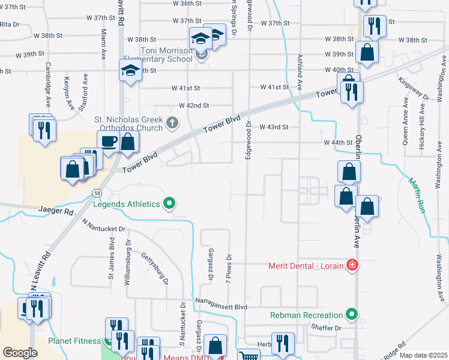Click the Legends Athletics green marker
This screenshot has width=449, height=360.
pyautogui.click(x=169, y=205)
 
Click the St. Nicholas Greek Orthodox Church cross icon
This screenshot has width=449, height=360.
pyautogui.click(x=172, y=123)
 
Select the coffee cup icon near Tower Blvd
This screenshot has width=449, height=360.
pyautogui.click(x=108, y=142)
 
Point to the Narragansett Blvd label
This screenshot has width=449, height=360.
pyautogui.click(x=221, y=307)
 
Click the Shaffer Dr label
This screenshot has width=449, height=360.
pyautogui.click(x=327, y=328)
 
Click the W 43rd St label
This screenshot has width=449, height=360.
pyautogui.click(x=274, y=127)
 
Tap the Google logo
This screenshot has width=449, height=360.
pyautogui.click(x=20, y=353)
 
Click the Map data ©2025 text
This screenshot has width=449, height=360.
pyautogui.click(x=423, y=355)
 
